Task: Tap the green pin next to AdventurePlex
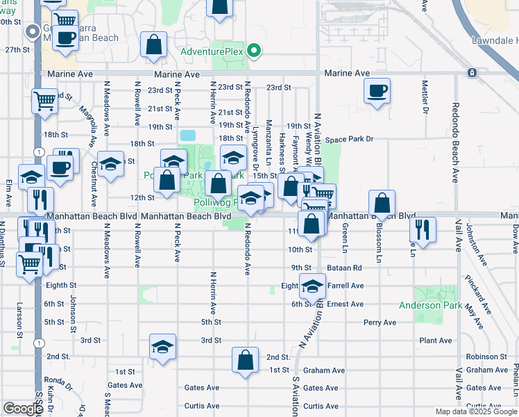pyautogui.click(x=255, y=51)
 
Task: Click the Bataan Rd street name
pyautogui.click(x=347, y=268)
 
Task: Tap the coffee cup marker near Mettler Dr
pyautogui.click(x=377, y=91)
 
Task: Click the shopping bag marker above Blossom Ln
pyautogui.click(x=382, y=204)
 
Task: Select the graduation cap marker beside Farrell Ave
pyautogui.click(x=312, y=286)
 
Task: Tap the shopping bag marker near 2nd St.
pyautogui.click(x=245, y=361)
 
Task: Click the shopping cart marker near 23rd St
pyautogui.click(x=44, y=101)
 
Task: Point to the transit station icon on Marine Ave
pyautogui.click(x=472, y=73)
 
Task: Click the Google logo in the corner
pyautogui.click(x=23, y=409)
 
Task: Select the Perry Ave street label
pyautogui.click(x=380, y=322)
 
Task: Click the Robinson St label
pyautogui.click(x=493, y=357)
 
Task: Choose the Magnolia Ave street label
pyautogui.click(x=87, y=120)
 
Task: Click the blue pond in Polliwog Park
pyautogui.click(x=187, y=134)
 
